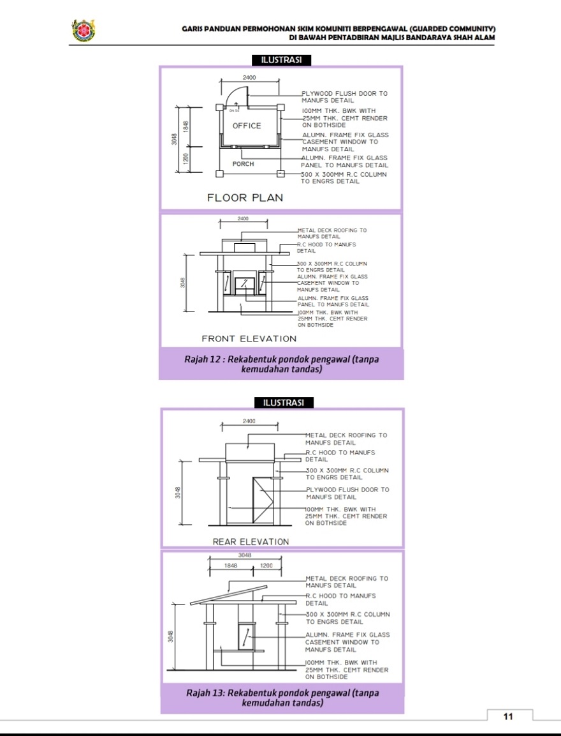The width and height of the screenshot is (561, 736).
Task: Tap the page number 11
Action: click(x=508, y=716)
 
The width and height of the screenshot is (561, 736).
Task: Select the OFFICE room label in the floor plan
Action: click(x=247, y=126)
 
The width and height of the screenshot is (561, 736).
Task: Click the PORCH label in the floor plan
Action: click(x=243, y=164)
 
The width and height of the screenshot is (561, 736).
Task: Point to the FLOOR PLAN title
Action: click(x=245, y=198)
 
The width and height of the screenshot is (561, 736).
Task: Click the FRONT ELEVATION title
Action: click(x=249, y=338)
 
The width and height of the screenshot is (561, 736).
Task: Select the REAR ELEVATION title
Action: click(x=251, y=542)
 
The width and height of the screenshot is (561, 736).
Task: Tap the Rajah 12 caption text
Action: click(x=281, y=364)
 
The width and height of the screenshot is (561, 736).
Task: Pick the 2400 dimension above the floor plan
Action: click(x=249, y=78)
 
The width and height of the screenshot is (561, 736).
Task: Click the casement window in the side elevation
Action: click(x=245, y=636)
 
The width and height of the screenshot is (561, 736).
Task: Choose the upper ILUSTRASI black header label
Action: click(x=281, y=60)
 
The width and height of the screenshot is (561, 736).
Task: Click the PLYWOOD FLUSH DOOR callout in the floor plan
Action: click(x=344, y=97)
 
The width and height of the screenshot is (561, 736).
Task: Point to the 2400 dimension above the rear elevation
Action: click(x=249, y=421)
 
